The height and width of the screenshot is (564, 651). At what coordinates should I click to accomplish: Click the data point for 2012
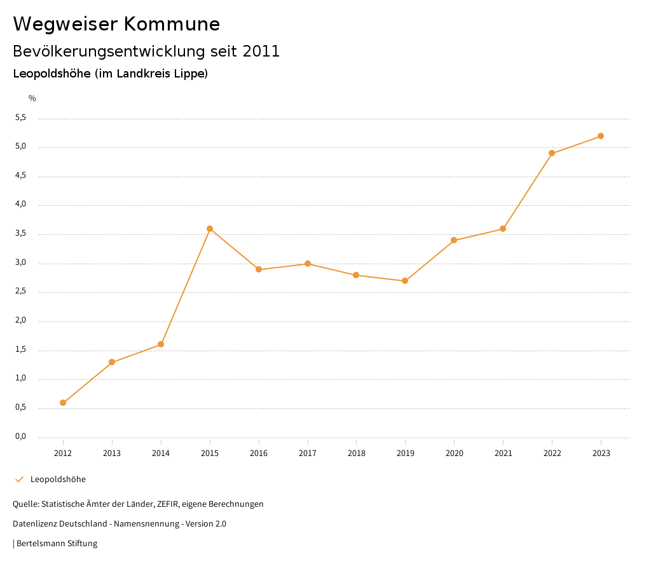point(63,403)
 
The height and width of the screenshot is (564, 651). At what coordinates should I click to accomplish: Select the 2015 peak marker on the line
point(210,229)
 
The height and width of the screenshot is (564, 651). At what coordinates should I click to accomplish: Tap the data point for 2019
point(405,281)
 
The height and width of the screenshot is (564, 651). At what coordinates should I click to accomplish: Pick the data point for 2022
point(552,153)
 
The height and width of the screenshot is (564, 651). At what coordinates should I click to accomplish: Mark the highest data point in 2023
point(601,136)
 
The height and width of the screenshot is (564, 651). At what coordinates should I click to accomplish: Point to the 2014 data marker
point(161,344)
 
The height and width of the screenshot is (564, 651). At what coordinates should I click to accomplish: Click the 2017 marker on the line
point(308,264)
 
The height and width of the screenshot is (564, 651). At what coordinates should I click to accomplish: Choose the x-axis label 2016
point(259,453)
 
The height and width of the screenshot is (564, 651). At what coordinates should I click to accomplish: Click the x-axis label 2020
point(455,453)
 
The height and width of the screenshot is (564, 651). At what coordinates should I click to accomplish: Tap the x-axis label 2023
point(601,453)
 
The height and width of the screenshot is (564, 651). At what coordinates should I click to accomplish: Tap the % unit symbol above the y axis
point(32,98)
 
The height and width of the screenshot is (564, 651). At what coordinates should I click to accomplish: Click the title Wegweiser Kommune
point(116,24)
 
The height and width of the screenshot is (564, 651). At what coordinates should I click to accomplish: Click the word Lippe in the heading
point(189,74)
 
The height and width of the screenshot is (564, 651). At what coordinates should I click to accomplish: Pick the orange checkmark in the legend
point(19,480)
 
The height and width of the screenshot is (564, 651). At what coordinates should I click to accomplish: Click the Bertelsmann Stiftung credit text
point(57,544)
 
